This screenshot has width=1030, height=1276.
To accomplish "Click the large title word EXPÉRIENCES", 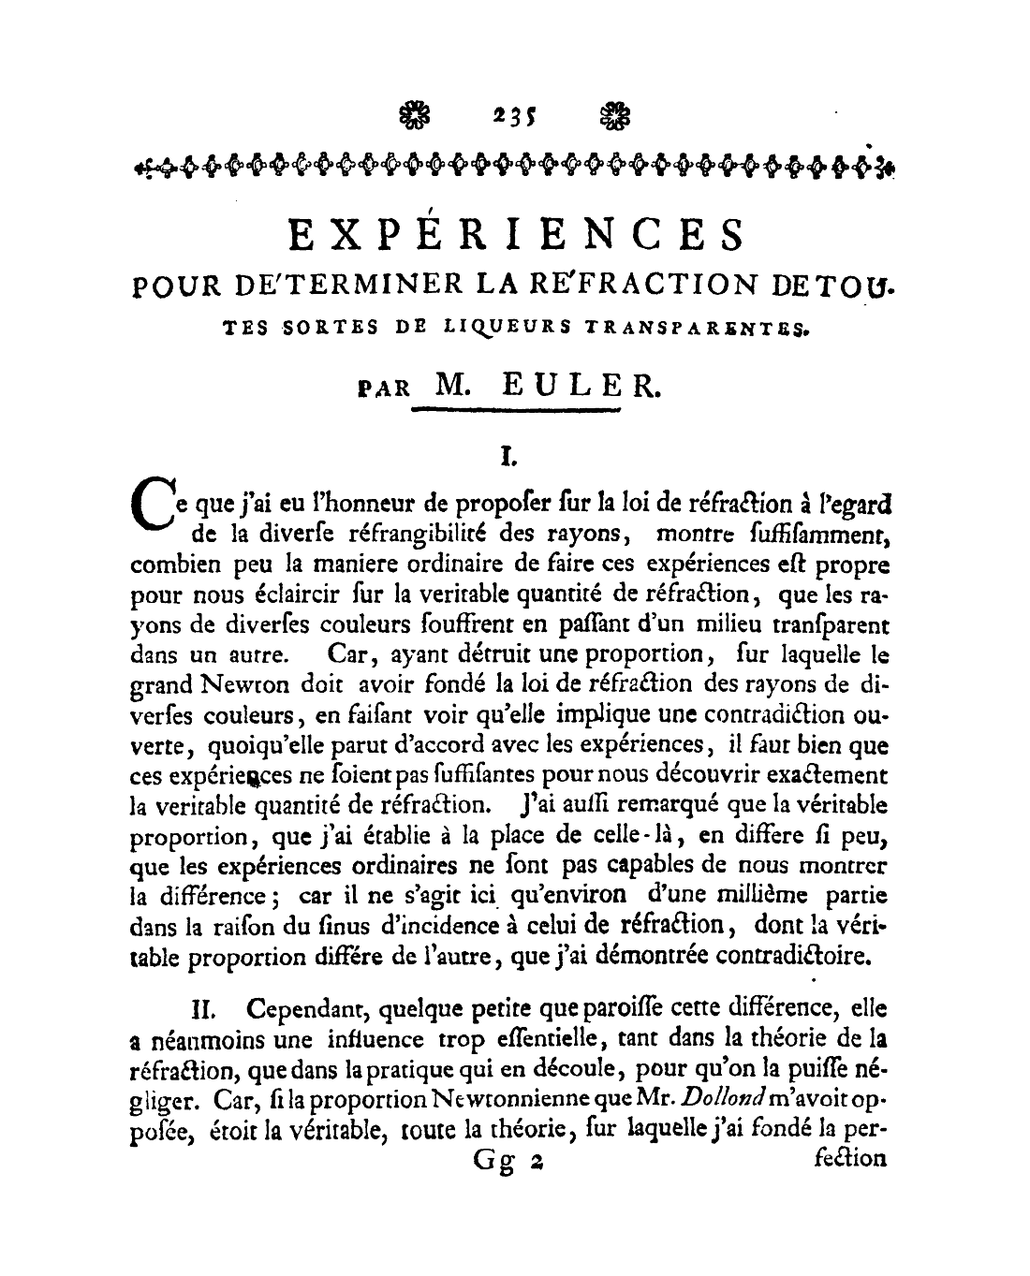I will click(x=517, y=234).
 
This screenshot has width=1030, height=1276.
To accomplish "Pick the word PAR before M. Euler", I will click(x=384, y=389).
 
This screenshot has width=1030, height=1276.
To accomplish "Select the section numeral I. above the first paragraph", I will click(x=509, y=457).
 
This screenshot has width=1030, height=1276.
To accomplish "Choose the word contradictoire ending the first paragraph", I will click(x=790, y=957).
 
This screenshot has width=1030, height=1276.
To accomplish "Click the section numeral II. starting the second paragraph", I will click(x=204, y=1011).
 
